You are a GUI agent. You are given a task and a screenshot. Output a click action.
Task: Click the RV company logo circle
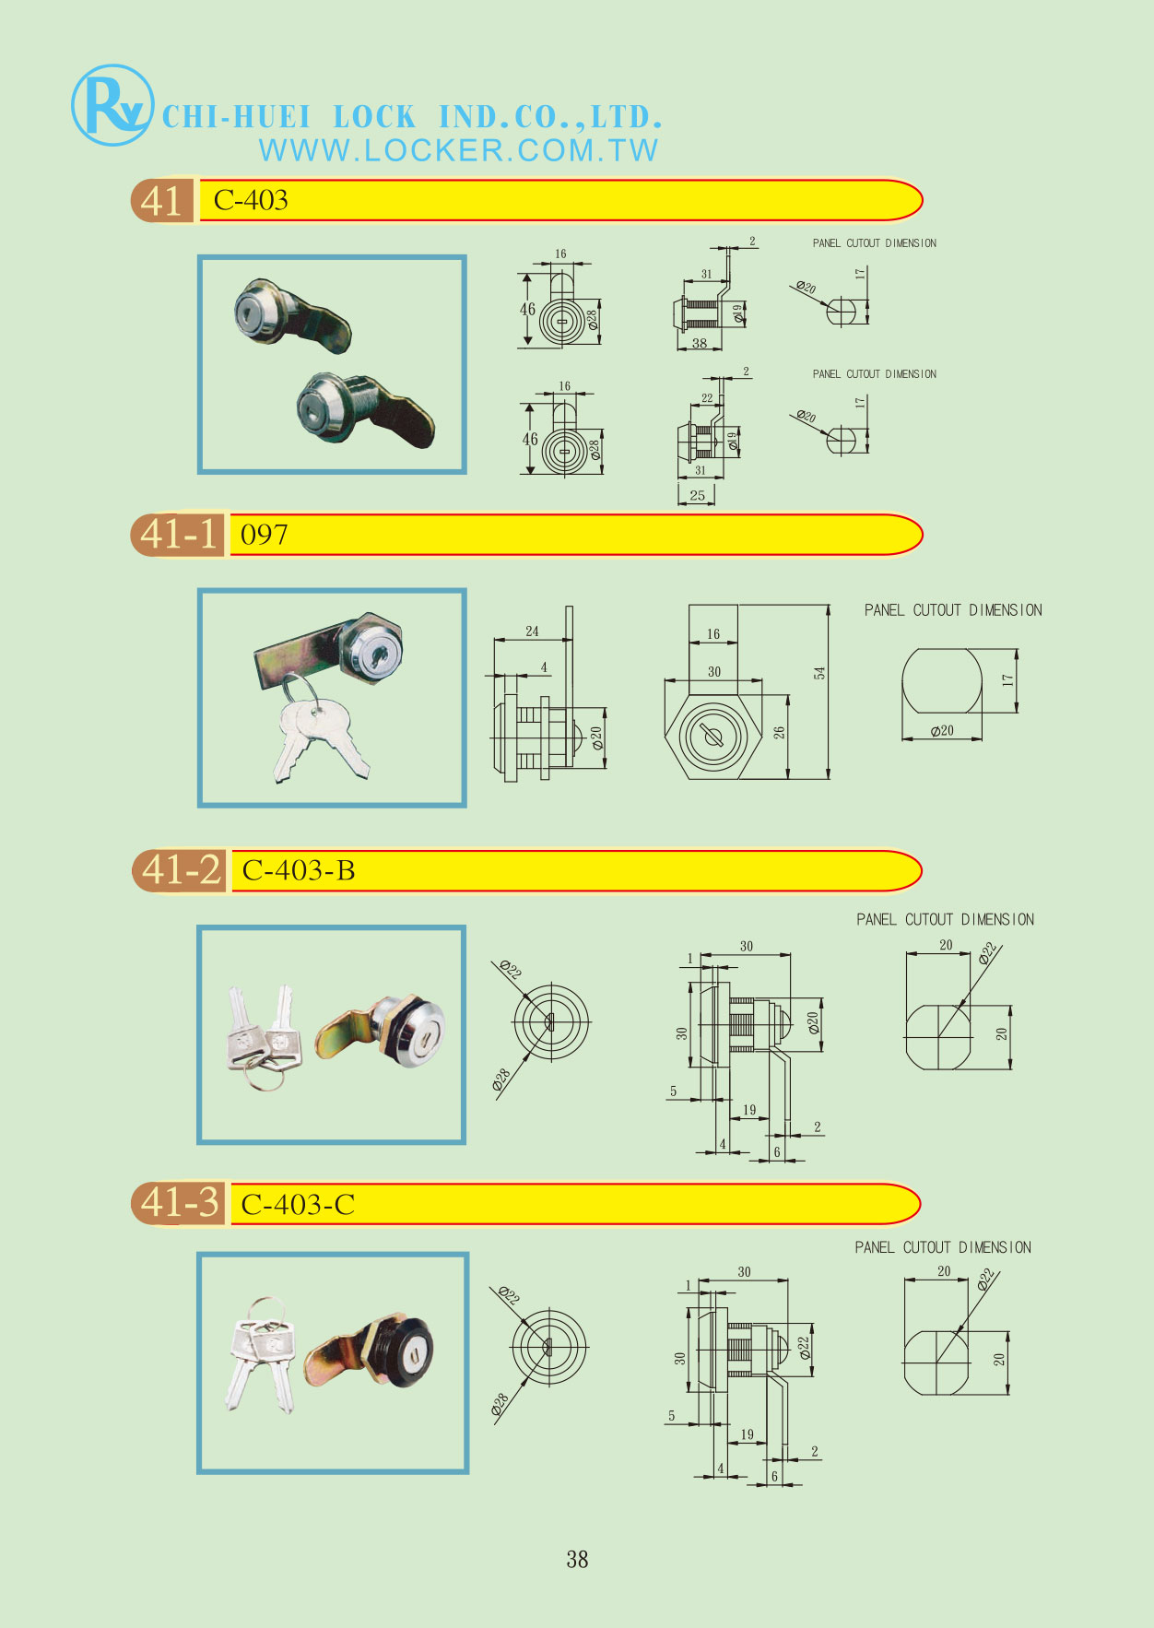click(x=112, y=105)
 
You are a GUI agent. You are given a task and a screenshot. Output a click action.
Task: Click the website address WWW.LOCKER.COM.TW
click(x=459, y=150)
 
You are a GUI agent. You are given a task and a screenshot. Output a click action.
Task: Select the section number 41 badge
click(x=162, y=200)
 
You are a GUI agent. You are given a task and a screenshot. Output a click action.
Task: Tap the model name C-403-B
click(x=299, y=870)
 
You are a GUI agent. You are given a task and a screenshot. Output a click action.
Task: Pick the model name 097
click(x=264, y=535)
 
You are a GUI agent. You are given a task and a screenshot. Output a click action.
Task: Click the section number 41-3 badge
click(x=179, y=1203)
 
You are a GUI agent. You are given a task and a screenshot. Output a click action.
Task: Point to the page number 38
click(x=577, y=1559)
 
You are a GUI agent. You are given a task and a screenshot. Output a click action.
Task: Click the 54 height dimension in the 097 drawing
click(x=819, y=673)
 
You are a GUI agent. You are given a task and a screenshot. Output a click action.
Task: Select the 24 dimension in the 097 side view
click(x=532, y=631)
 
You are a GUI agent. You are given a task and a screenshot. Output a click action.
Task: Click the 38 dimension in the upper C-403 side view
click(x=700, y=343)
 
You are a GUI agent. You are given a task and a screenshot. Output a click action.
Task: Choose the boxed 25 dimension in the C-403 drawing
click(x=697, y=495)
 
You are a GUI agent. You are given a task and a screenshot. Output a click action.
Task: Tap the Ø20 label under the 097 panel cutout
click(x=942, y=731)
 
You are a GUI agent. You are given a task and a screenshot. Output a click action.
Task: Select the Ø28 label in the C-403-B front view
click(x=501, y=1079)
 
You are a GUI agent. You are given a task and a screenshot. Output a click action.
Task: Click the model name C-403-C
click(x=298, y=1205)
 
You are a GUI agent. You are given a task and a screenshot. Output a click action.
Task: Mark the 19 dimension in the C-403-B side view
click(x=749, y=1110)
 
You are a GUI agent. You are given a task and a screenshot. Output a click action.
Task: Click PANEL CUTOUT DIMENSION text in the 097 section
click(x=953, y=610)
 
